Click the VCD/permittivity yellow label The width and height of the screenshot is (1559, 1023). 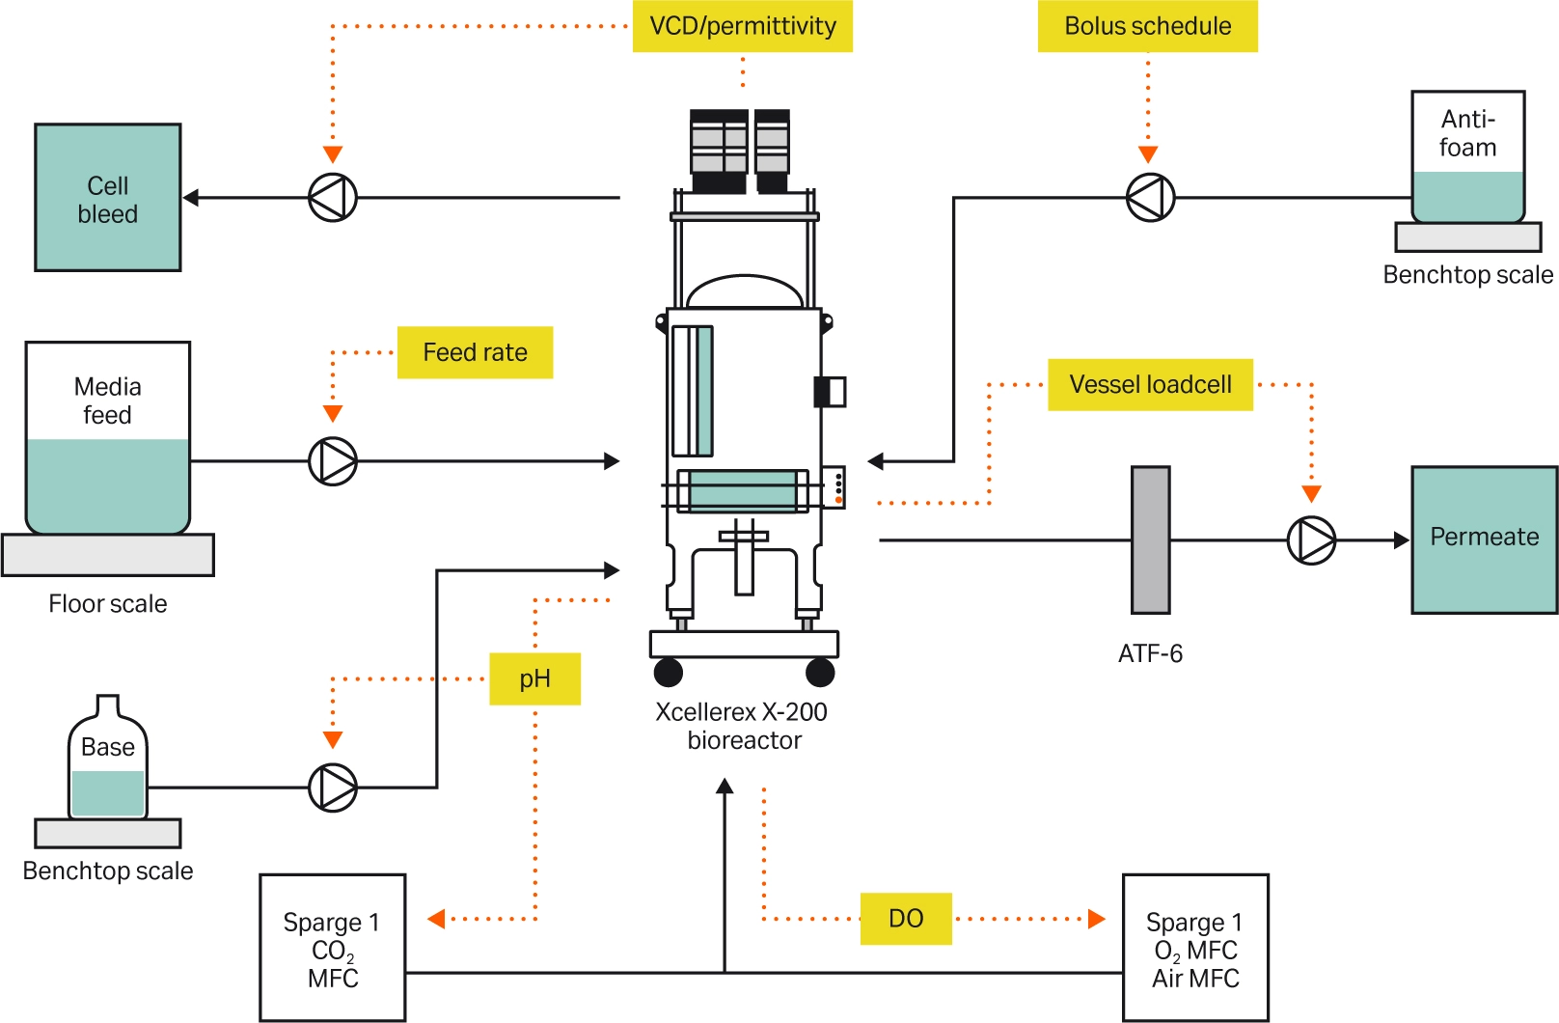(x=742, y=26)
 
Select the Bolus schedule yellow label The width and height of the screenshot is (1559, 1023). (x=1147, y=26)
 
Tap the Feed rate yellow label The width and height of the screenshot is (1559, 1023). (x=475, y=352)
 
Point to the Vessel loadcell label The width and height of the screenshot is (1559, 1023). (x=1150, y=385)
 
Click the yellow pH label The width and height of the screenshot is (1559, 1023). (x=534, y=678)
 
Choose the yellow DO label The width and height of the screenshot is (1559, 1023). (x=906, y=918)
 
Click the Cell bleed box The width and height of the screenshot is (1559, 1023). (x=108, y=198)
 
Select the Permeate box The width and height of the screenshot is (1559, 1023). (x=1484, y=539)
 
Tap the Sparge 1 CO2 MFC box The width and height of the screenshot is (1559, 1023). (x=333, y=948)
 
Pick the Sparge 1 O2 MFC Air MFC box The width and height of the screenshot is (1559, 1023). (x=1195, y=948)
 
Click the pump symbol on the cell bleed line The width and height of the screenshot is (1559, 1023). (x=333, y=198)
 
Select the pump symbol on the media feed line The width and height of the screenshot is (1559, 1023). (x=333, y=461)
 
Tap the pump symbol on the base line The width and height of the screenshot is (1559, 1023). (x=333, y=788)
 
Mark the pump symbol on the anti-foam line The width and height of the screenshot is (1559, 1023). (x=1150, y=198)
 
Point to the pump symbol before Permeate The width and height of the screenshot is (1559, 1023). (x=1311, y=540)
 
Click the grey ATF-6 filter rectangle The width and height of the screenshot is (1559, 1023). (x=1150, y=540)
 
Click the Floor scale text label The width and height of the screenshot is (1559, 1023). (x=108, y=604)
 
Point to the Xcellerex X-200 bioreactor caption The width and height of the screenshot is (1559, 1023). (x=742, y=726)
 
